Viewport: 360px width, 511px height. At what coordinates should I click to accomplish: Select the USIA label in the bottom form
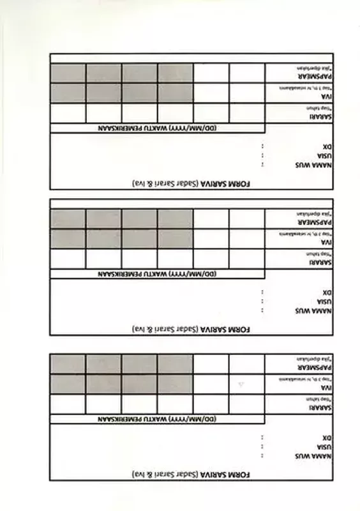[x=317, y=446]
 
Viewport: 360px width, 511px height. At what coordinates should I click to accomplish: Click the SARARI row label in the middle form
[x=316, y=261]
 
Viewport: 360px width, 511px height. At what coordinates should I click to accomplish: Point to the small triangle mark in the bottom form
[x=241, y=384]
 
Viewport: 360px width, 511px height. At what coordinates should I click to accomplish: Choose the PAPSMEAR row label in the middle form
[x=311, y=222]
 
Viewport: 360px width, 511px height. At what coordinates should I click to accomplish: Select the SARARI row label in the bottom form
[x=316, y=407]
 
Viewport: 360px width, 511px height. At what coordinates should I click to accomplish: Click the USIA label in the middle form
[x=317, y=301]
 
